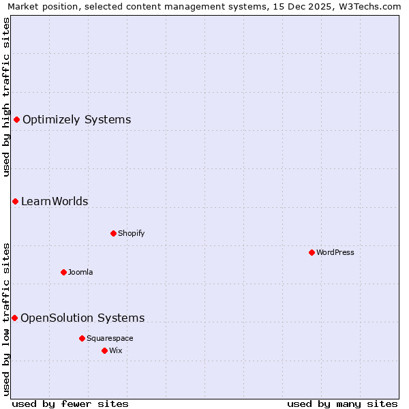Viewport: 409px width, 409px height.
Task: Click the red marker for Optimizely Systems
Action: (x=16, y=120)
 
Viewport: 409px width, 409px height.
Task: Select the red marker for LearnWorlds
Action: (x=15, y=201)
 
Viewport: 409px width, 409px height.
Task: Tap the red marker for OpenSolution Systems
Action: (x=14, y=318)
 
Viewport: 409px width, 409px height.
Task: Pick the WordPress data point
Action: (x=312, y=252)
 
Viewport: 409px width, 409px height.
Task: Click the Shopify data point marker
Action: (x=113, y=233)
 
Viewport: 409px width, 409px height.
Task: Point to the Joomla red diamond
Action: (x=63, y=272)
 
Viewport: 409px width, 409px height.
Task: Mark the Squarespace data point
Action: (x=82, y=338)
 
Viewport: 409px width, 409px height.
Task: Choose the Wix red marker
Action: (x=104, y=350)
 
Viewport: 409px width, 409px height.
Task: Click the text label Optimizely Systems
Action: (x=76, y=120)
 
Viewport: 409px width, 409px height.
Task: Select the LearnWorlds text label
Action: (x=55, y=201)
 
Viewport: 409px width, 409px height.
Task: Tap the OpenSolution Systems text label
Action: (x=82, y=318)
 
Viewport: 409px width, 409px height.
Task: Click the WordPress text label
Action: (x=335, y=252)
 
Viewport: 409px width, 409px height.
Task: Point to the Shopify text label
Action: (x=132, y=233)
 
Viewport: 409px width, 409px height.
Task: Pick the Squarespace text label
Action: (x=110, y=338)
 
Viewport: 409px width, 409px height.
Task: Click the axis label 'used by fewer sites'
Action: (x=70, y=404)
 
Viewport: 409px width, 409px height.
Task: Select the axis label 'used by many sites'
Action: (x=342, y=404)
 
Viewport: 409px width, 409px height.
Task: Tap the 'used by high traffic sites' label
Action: (x=6, y=97)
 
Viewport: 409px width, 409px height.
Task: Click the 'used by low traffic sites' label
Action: (x=6, y=319)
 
